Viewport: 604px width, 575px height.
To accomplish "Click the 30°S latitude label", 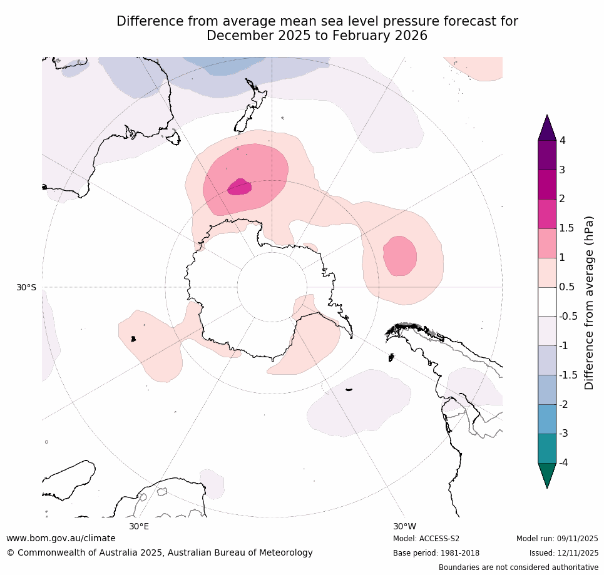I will pos(26,287).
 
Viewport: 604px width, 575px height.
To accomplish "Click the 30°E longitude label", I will pos(139,526).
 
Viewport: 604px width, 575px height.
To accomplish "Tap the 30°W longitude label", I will pos(404,526).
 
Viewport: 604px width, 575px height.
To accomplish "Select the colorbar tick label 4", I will pos(563,141).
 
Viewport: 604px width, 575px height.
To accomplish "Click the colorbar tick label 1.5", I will pos(566,228).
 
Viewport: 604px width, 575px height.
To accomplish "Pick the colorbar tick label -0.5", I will pos(568,317).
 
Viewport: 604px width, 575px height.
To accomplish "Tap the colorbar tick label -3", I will pos(565,433).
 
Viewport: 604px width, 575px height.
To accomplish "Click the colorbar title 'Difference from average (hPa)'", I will pos(589,303).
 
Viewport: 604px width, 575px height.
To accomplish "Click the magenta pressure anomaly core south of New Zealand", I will pos(239,187).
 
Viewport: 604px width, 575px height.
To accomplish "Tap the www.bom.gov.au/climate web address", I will pos(61,538).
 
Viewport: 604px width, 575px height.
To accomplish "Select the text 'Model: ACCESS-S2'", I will pos(426,539).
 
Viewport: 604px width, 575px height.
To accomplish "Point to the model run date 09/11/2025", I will pos(575,539).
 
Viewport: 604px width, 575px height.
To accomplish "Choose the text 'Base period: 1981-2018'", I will pos(436,553).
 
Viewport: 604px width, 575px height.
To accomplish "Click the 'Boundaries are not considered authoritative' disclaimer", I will pos(518,567).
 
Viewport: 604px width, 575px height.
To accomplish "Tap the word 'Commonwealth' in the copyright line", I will pos(47,552).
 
